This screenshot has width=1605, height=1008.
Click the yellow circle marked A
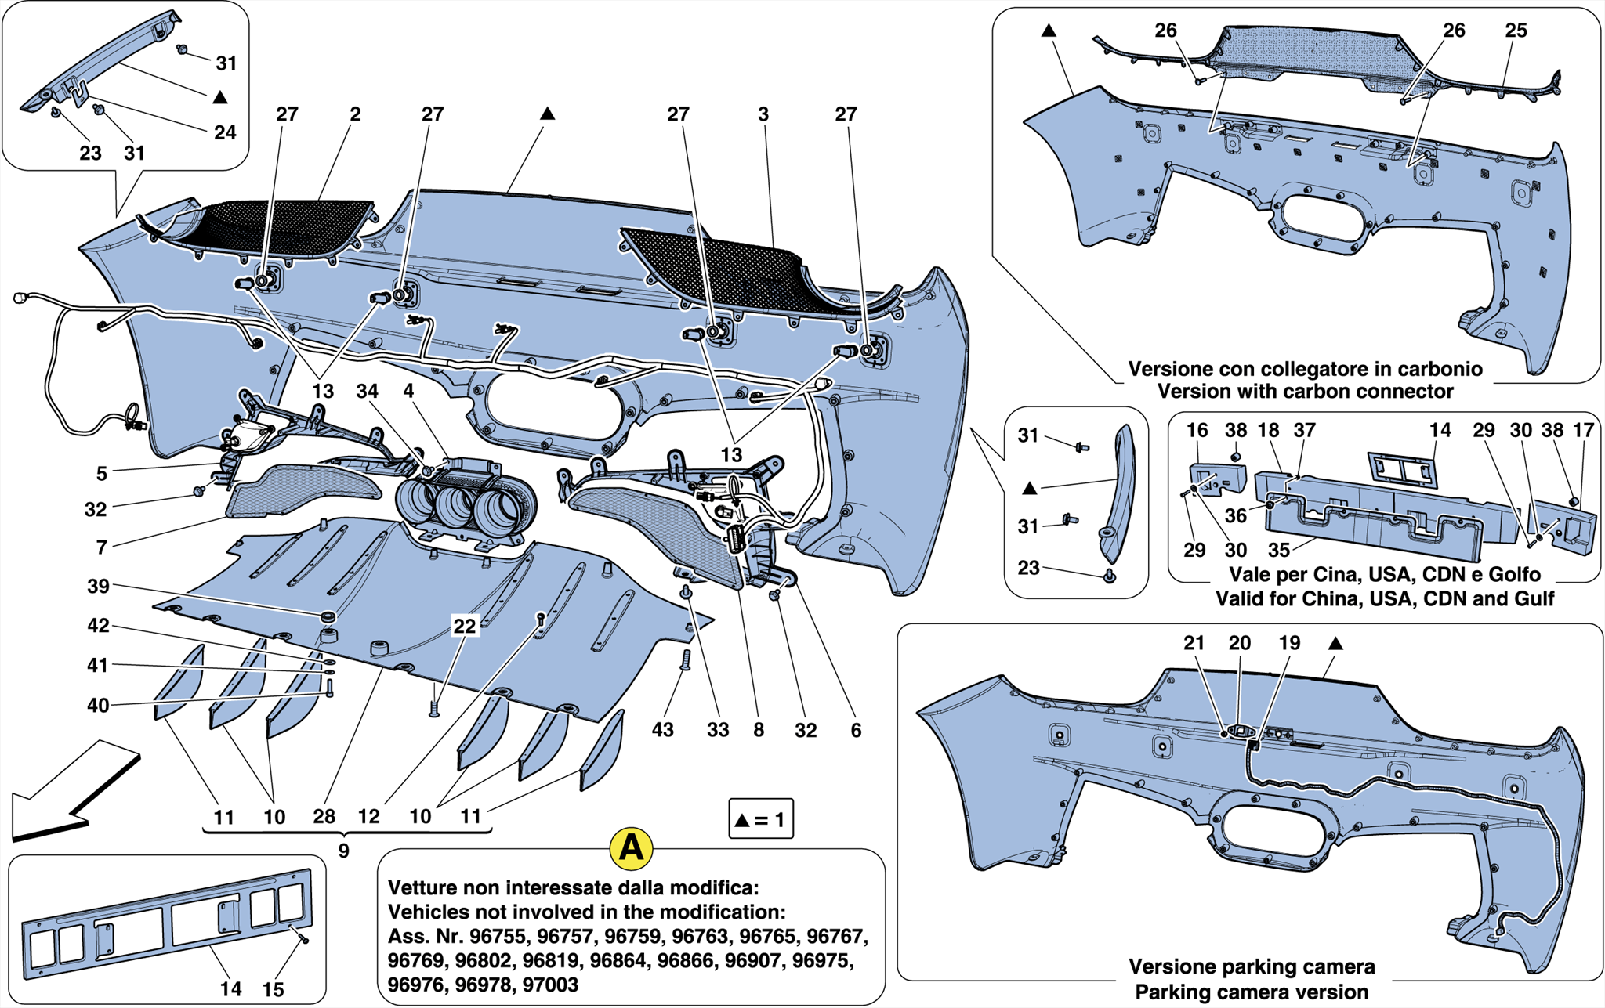point(632,848)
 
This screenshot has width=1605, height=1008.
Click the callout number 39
point(98,587)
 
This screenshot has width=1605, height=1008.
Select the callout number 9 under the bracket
point(343,851)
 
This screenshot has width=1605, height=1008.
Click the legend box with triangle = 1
point(760,819)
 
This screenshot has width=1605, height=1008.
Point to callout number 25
point(1516,31)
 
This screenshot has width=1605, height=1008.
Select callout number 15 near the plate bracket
point(273,989)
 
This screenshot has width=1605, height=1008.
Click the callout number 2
point(355,114)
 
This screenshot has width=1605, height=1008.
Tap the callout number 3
point(763,114)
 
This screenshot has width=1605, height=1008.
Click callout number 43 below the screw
point(663,730)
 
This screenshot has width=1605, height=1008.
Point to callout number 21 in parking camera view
point(1194,643)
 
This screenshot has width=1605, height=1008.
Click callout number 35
point(1279,551)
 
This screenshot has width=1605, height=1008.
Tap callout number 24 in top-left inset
point(225,132)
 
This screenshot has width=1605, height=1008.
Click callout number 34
point(367,391)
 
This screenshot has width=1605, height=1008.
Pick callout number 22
point(465,626)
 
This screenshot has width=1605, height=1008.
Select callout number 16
point(1197,430)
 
